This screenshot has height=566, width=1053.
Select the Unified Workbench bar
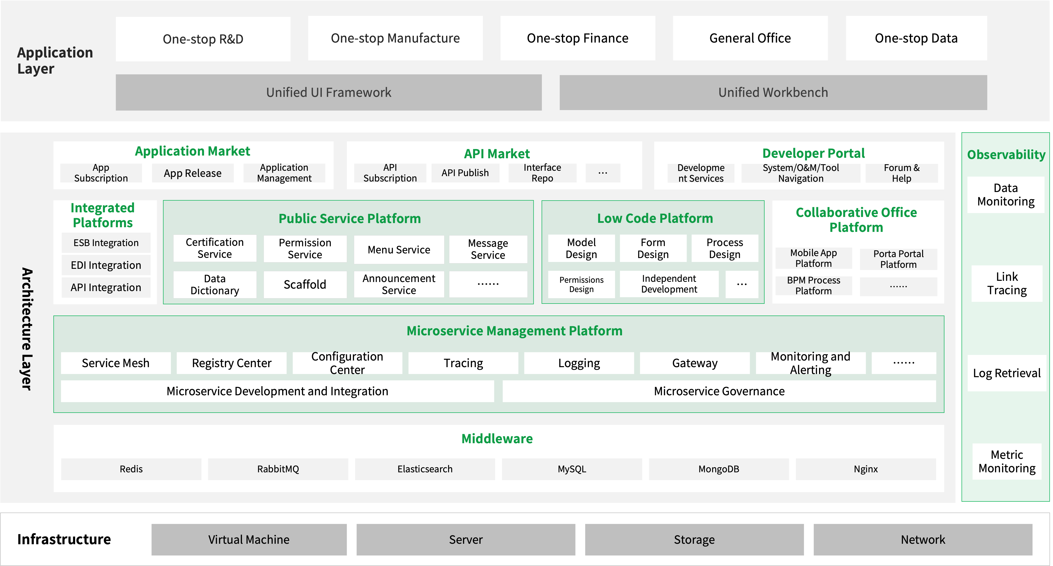click(x=773, y=92)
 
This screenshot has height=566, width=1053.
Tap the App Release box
click(x=193, y=173)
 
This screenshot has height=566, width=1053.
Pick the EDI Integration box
click(x=106, y=265)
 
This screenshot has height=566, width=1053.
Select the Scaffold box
click(x=305, y=284)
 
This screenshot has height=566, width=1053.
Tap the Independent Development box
click(x=669, y=284)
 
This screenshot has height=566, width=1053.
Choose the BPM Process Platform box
click(x=813, y=286)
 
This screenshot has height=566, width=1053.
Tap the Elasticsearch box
click(x=425, y=469)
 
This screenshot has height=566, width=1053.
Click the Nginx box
click(x=866, y=469)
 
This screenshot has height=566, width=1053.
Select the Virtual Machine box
click(x=249, y=539)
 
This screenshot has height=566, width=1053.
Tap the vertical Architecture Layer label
click(x=27, y=329)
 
